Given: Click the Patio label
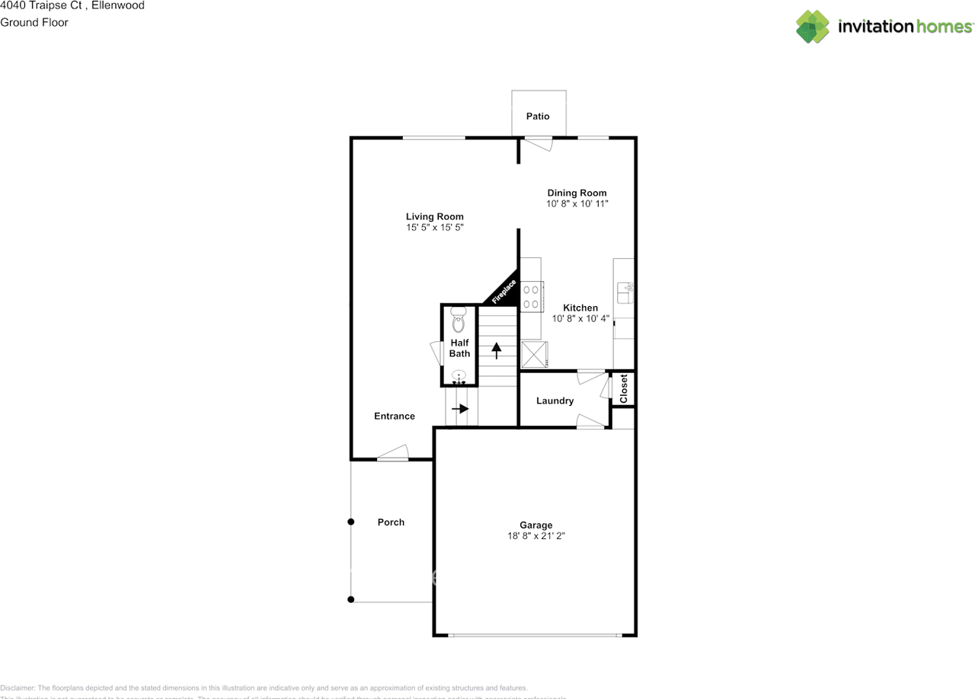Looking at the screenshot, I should tap(537, 116).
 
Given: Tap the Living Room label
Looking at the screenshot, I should tap(434, 217).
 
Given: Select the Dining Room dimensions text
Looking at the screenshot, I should tap(577, 204).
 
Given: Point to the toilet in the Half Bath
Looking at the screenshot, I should tap(458, 321).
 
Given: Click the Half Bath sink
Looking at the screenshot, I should tap(459, 375).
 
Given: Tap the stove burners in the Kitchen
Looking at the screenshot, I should tap(532, 295).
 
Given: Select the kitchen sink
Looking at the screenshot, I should tap(624, 289).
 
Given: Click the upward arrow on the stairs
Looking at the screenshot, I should tap(497, 350).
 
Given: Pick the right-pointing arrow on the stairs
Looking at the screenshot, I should tap(459, 409).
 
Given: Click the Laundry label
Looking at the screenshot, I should tap(555, 401).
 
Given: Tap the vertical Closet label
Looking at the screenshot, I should tap(624, 388).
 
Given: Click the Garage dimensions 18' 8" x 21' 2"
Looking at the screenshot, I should tap(536, 536).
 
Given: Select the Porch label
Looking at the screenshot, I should tap(391, 522).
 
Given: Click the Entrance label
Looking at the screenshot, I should tap(395, 417).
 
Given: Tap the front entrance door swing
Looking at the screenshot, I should tap(393, 454).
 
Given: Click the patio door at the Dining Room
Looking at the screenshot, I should tap(540, 142).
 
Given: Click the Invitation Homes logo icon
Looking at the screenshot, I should tap(813, 27).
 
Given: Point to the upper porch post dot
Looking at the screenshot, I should tap(351, 522).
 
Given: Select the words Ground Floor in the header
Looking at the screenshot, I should tap(34, 22).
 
